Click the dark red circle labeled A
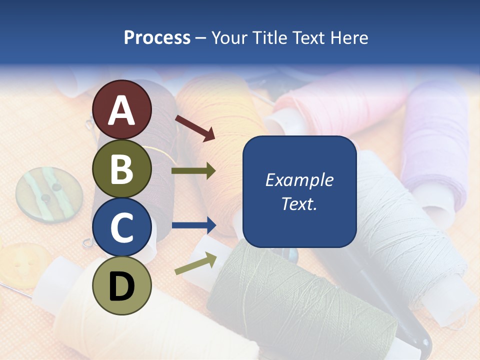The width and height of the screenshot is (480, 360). click(x=122, y=109)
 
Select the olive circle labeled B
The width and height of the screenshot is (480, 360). click(x=122, y=168)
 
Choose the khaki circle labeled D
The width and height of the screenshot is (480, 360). click(x=122, y=285)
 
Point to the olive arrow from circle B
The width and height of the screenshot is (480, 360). click(x=193, y=171)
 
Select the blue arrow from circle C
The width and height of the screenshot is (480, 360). click(x=193, y=225)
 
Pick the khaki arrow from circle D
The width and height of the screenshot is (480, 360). click(x=195, y=263)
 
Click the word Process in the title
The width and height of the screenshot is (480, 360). click(x=157, y=37)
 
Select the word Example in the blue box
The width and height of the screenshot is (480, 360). click(x=299, y=180)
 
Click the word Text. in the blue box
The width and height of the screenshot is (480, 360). click(x=299, y=204)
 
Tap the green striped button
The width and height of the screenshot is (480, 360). click(x=48, y=195)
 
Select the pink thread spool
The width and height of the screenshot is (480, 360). click(x=340, y=105)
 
